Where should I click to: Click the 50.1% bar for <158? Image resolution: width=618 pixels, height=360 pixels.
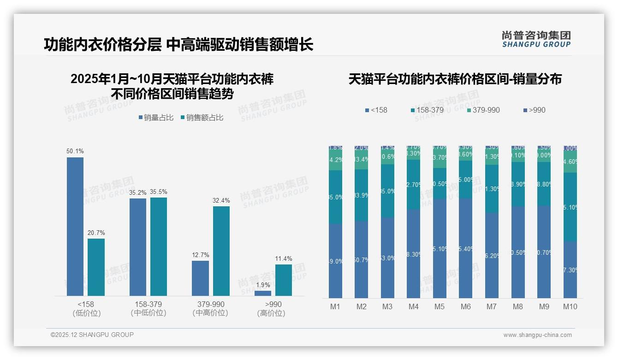pos(75,226)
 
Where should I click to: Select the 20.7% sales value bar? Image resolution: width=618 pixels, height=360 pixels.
pos(96,267)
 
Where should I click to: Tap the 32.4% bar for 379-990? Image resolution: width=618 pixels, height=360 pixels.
pos(221,251)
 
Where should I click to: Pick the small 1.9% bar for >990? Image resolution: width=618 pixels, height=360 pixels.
pos(263,293)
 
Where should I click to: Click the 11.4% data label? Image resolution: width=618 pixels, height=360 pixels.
pos(283,258)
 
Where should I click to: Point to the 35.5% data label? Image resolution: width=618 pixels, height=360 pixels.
pos(158,192)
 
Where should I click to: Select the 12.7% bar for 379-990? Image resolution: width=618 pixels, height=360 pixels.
pos(200,278)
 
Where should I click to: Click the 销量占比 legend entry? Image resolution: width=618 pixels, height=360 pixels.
pos(156,118)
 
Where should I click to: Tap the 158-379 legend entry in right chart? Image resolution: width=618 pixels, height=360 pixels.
pos(427,110)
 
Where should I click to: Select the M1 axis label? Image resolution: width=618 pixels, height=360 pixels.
pos(335,306)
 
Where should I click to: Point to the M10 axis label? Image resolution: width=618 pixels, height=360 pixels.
pos(570,306)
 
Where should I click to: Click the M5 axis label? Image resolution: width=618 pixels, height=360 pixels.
pos(440,306)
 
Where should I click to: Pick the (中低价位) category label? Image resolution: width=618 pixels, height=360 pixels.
pos(148,313)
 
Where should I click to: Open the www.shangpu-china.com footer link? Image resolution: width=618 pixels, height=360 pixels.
pos(537,335)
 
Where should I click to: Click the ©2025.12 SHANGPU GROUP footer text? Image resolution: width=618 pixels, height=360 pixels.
pos(92,335)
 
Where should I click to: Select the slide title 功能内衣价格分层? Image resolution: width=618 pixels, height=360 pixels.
pos(102,44)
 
